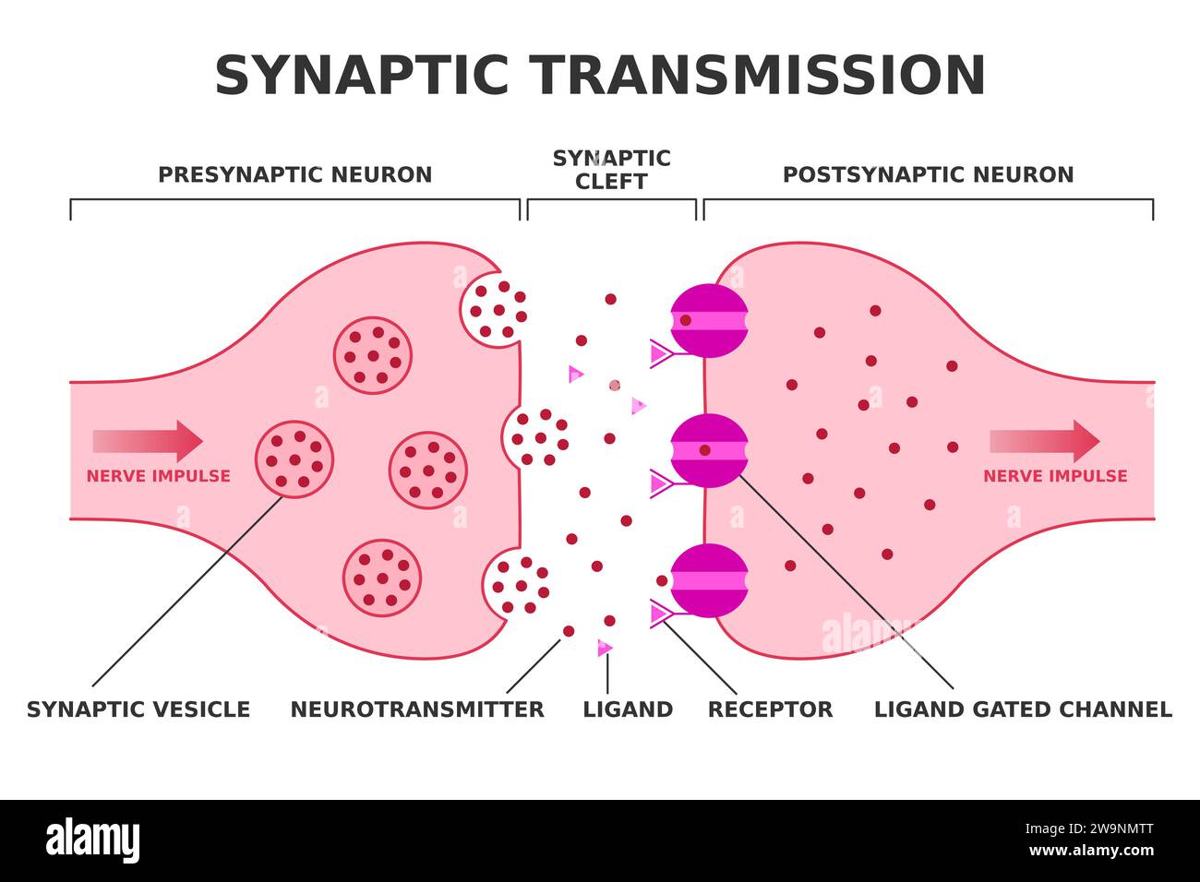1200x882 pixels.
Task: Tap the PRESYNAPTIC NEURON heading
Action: [294, 174]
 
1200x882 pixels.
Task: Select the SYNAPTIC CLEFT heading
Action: [611, 170]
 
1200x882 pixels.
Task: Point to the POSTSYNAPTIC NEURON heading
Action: [928, 174]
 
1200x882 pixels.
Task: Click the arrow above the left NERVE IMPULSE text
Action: [148, 441]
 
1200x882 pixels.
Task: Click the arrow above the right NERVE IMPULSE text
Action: [1044, 441]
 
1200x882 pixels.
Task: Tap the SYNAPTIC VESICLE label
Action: [138, 709]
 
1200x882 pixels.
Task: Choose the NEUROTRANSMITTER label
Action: [417, 709]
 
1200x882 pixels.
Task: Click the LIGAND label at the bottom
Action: [628, 709]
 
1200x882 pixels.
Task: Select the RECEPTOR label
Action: [770, 709]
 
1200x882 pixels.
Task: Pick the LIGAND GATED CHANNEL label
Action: [1023, 709]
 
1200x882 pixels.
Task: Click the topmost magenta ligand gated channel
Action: [708, 320]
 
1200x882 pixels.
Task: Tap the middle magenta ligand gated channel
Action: [708, 450]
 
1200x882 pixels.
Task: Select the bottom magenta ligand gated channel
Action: [708, 580]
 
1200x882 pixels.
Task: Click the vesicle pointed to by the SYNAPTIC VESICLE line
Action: [294, 459]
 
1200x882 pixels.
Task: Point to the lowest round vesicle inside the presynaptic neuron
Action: [382, 578]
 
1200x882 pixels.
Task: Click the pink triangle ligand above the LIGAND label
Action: [605, 649]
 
